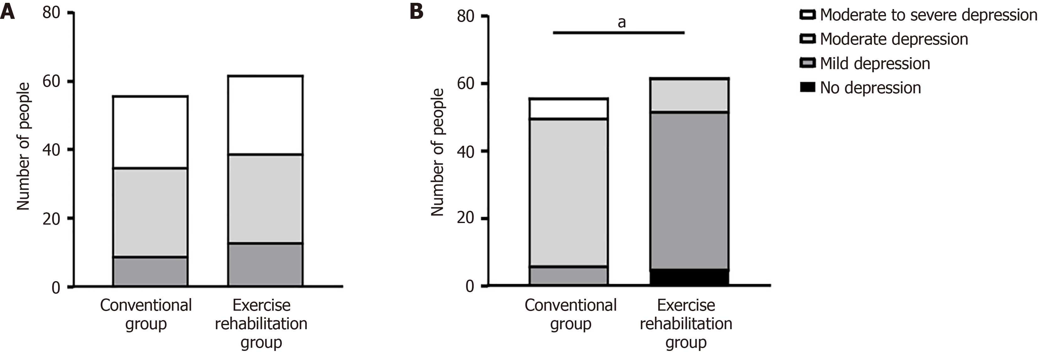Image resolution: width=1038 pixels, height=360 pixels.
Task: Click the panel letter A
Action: tap(8, 12)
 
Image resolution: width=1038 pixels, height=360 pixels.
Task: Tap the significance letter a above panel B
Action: tap(622, 23)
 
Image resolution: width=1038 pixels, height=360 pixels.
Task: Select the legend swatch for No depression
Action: tap(807, 87)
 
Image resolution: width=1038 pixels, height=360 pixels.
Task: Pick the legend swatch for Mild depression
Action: tap(807, 63)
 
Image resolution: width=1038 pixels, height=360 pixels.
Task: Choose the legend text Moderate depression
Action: tap(894, 39)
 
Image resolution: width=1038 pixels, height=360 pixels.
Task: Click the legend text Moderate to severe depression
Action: tap(928, 15)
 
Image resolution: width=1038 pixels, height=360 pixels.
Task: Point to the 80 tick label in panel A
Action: tap(51, 13)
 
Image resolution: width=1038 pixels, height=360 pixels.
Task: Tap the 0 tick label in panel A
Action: tap(56, 287)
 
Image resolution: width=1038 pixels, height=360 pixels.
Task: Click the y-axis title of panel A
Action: tap(23, 146)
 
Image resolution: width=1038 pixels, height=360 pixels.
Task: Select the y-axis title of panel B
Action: tap(437, 152)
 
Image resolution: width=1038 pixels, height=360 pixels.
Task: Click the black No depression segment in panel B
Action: tap(689, 277)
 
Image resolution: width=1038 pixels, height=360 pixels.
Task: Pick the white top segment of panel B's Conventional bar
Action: tap(568, 108)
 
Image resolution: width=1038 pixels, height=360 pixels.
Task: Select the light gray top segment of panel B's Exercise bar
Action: tap(689, 95)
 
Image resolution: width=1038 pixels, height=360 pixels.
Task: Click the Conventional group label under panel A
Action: tap(146, 314)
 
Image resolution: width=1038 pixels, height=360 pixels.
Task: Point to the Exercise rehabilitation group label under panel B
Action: tap(686, 323)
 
